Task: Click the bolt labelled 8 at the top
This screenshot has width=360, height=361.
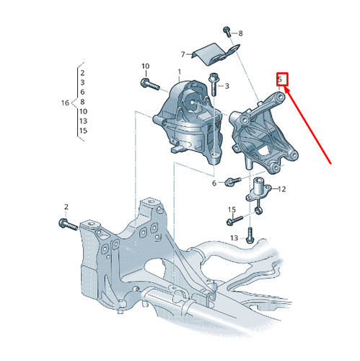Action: coord(227,32)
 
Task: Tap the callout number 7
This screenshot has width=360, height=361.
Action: coord(184,54)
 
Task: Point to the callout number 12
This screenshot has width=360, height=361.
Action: coord(281,189)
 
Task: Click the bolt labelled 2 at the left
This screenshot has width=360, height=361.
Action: coord(67,224)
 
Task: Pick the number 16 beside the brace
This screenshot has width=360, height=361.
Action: coord(64,103)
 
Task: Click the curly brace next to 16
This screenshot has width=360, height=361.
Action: coord(74,102)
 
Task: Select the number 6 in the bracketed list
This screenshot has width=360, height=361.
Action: coord(82,92)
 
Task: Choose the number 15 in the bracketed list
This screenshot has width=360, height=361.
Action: coord(83,131)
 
